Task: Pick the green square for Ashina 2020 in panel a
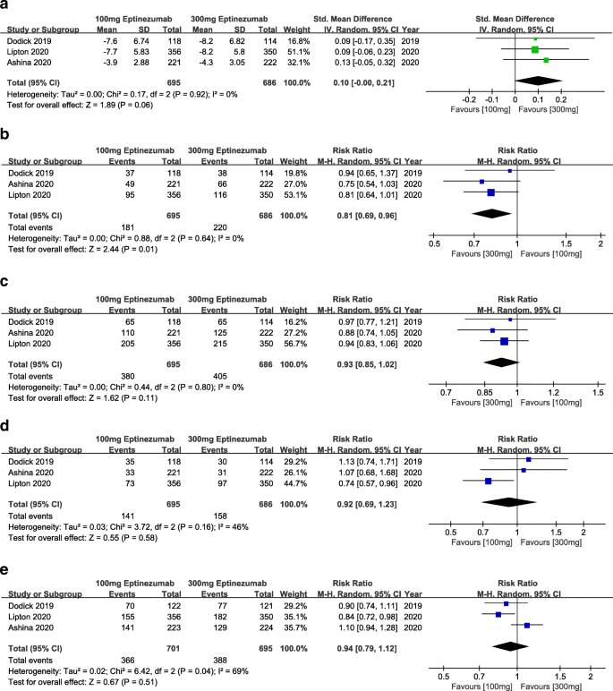(x=546, y=60)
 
